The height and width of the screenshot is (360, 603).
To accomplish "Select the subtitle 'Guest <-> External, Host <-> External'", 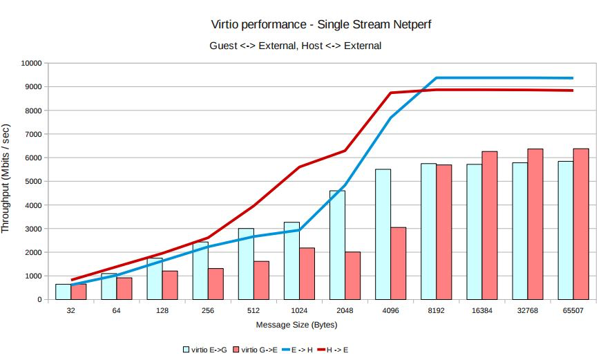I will (x=295, y=46).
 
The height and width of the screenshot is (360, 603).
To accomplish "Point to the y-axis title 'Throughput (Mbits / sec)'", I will (x=6, y=178).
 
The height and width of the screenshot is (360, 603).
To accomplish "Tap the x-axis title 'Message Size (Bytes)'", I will (x=296, y=324).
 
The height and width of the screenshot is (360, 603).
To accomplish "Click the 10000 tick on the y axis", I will (x=32, y=64).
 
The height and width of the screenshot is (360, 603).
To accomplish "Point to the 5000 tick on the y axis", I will (x=34, y=182).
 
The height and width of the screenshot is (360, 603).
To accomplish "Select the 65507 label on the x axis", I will (x=572, y=311).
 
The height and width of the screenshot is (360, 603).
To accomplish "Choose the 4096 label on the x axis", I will (x=390, y=311).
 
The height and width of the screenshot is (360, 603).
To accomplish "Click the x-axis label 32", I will (x=71, y=311).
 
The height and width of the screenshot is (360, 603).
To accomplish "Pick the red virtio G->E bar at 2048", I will (x=352, y=276).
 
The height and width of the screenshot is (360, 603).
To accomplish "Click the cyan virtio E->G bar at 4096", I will (x=383, y=234).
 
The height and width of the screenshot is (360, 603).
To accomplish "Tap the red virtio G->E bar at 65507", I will (x=580, y=224).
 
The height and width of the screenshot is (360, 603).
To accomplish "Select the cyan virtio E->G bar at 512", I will (x=246, y=264).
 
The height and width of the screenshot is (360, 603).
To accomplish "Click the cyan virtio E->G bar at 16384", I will (x=474, y=231).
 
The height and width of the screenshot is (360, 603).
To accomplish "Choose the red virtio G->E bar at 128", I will (x=170, y=285).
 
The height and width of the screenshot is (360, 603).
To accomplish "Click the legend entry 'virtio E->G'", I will (x=206, y=350).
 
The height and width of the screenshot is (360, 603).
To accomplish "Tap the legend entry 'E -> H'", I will (x=298, y=350).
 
